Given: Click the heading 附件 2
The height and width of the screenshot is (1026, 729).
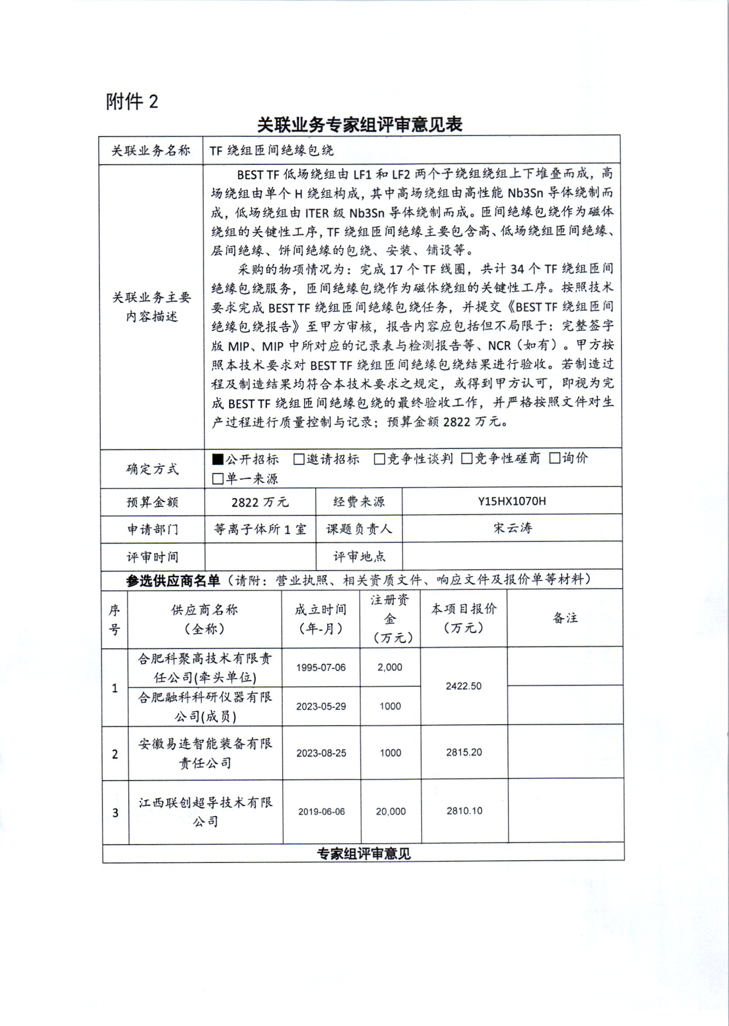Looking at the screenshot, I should (x=132, y=102).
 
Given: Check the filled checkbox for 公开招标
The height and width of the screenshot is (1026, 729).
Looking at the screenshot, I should (x=218, y=459).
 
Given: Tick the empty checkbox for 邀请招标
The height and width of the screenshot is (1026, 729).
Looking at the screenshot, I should (x=299, y=459).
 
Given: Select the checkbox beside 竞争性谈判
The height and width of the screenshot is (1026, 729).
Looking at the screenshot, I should (x=379, y=459).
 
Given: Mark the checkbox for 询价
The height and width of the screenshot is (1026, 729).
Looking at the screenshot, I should (x=555, y=458).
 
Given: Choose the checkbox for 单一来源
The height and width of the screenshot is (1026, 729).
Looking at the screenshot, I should (x=218, y=479).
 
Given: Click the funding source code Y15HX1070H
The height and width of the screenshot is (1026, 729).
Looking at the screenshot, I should (x=512, y=501).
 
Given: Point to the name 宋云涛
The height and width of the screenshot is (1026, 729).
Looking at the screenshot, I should (x=512, y=528).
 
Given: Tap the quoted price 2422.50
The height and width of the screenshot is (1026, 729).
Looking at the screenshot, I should (x=463, y=686).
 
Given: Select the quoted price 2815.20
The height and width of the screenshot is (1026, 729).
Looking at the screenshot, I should (x=464, y=752).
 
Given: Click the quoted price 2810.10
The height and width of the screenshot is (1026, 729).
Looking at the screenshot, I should (x=464, y=811).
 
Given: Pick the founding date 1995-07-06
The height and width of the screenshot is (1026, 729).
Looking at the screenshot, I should (x=320, y=668).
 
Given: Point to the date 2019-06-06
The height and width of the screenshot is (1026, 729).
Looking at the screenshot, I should (x=321, y=812).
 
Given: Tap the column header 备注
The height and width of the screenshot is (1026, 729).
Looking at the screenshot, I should (x=565, y=618).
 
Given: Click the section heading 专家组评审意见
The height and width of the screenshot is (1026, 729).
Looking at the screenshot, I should (x=363, y=854).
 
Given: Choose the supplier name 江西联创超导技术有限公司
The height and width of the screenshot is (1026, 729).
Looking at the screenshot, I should (x=206, y=812).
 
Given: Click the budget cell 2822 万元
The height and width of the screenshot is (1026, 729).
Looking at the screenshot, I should (x=260, y=502).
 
